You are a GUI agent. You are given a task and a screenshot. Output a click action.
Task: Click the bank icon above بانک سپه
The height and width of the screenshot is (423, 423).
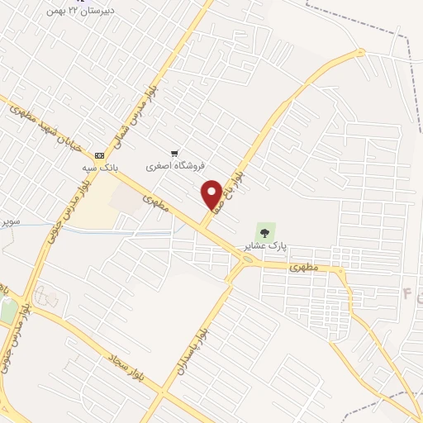(x=100, y=155)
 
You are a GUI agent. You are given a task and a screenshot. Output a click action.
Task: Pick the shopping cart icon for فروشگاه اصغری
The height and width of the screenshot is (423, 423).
(x=174, y=153)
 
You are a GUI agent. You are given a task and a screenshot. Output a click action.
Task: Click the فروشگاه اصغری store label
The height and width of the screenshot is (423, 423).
(x=169, y=165)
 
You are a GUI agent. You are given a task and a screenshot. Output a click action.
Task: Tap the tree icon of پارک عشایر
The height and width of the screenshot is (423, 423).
(x=264, y=230)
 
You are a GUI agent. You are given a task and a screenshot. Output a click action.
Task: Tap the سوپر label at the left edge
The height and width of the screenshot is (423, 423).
(x=9, y=221)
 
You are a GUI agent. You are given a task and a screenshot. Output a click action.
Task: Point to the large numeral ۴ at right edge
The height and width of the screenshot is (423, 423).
(x=406, y=292)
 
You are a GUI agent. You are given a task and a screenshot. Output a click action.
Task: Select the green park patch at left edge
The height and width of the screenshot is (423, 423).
(x=8, y=311)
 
